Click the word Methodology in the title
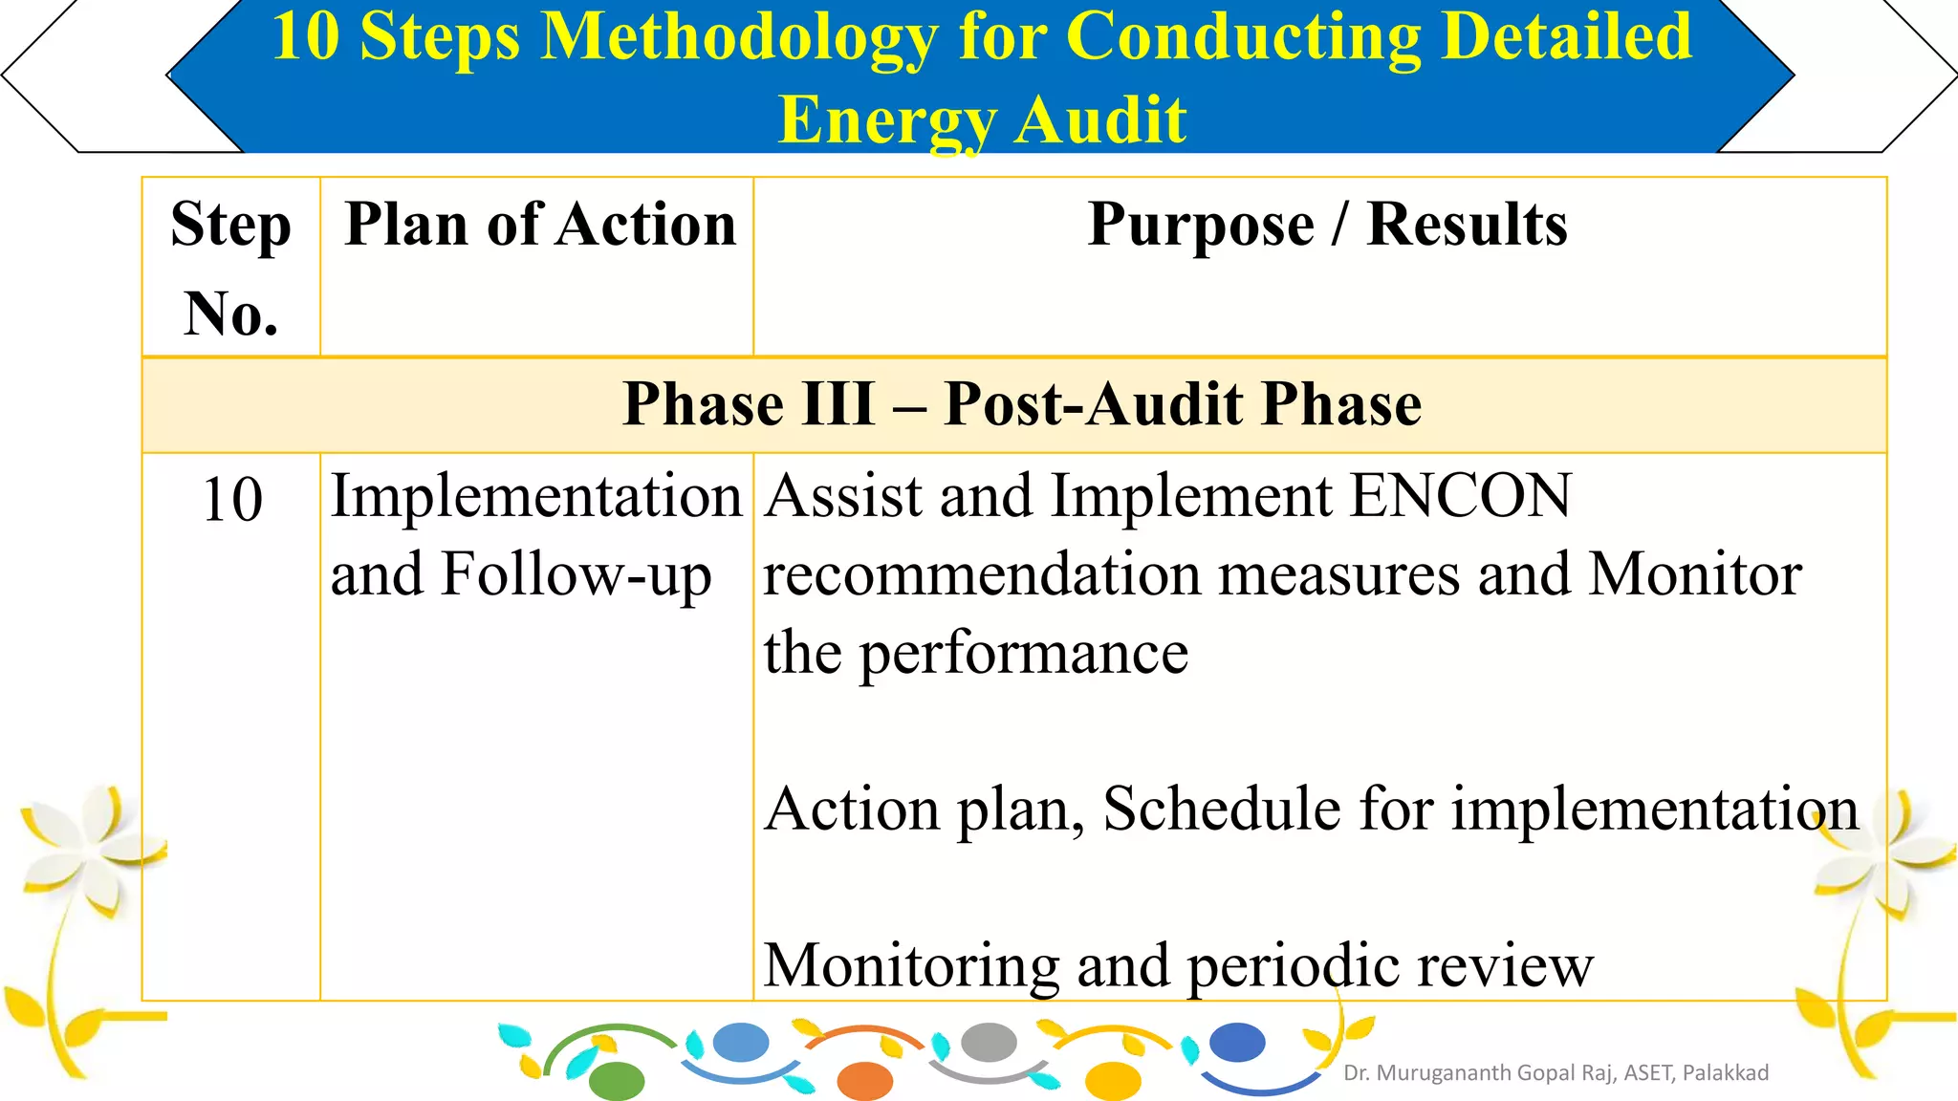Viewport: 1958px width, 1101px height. pos(738,38)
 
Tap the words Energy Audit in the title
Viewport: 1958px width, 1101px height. pos(982,120)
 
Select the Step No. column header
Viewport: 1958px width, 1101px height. pos(230,268)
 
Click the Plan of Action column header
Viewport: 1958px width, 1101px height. pos(540,226)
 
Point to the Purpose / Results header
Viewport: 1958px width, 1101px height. pos(1327,226)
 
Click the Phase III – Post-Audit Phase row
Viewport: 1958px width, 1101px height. pos(1021,404)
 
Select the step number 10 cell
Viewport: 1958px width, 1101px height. pos(232,500)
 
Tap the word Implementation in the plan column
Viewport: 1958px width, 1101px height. pos(536,497)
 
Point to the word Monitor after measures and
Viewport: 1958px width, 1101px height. pos(1694,575)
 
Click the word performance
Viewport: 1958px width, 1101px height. pos(1023,654)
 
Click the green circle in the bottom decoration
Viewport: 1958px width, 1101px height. pos(617,1081)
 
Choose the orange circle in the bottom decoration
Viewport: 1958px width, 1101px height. pos(864,1081)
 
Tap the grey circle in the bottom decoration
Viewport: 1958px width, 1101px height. pos(989,1042)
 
